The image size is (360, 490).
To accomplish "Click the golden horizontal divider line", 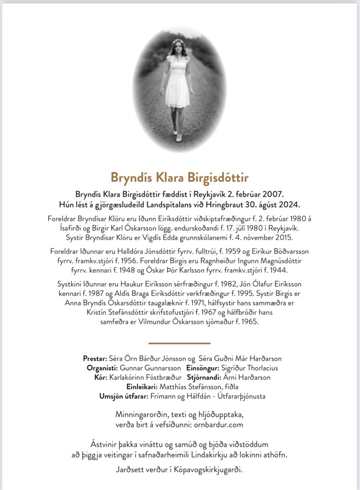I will pyautogui.click(x=180, y=343).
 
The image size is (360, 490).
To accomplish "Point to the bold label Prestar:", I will pyautogui.click(x=95, y=358).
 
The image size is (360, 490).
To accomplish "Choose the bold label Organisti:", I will pyautogui.click(x=102, y=368).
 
